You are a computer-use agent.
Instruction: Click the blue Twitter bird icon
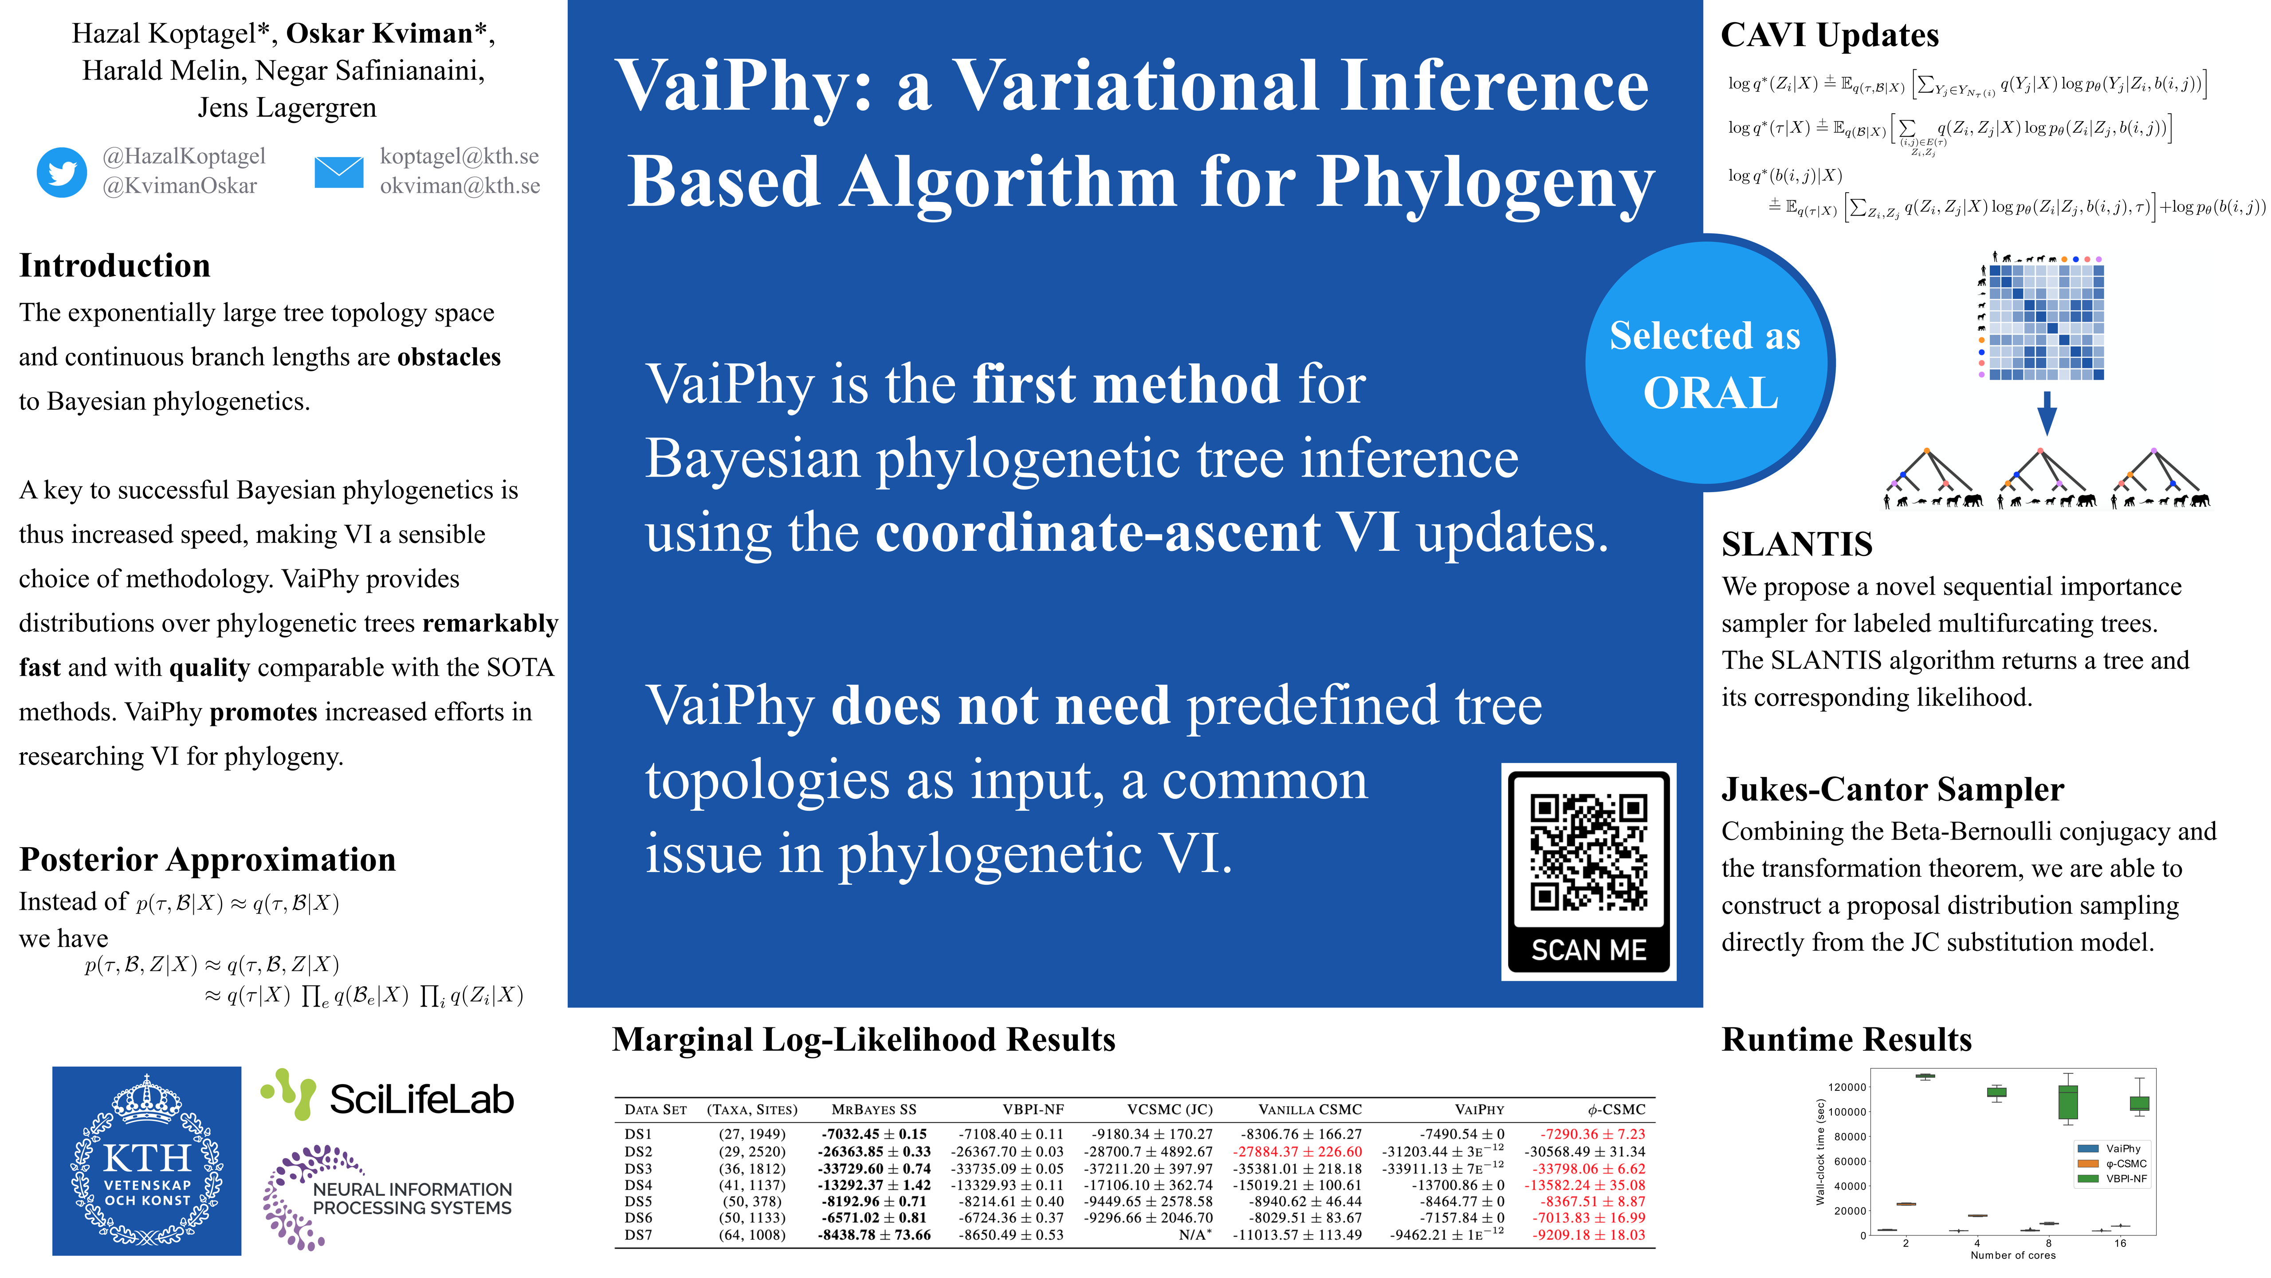[x=62, y=172]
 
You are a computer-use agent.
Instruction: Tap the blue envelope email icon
[x=338, y=172]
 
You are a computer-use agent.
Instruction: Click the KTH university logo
[x=146, y=1161]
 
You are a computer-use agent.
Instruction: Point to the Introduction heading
[x=114, y=265]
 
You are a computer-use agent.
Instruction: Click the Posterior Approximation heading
[x=207, y=859]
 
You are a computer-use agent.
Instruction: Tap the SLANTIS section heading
[x=1797, y=544]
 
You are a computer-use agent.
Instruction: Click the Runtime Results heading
[x=1846, y=1039]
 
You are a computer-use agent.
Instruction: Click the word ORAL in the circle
[x=1710, y=393]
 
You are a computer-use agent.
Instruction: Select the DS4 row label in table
[x=638, y=1184]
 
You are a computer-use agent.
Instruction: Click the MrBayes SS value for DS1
[x=874, y=1134]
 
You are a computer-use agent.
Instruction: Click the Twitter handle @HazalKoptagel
[x=184, y=156]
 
